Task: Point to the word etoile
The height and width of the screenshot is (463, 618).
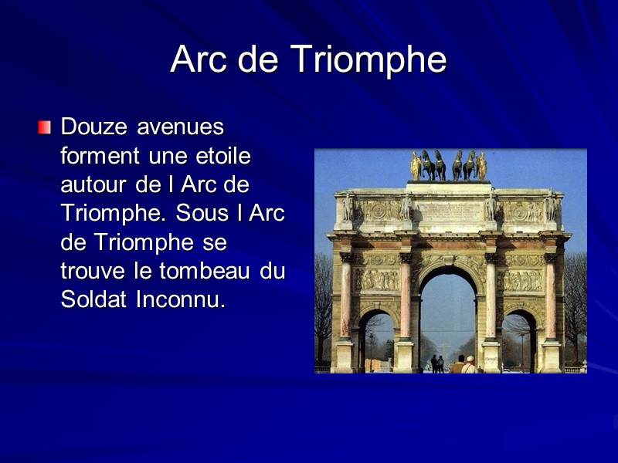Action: point(224,155)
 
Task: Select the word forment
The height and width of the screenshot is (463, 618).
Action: point(98,155)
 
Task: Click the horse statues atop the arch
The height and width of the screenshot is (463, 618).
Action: point(449,165)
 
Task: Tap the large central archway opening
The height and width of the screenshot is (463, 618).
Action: point(448,316)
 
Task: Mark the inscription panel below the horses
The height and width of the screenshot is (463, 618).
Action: point(449,208)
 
